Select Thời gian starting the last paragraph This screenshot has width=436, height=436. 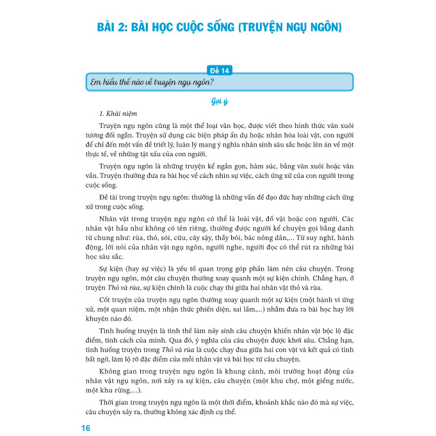coord(117,401)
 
